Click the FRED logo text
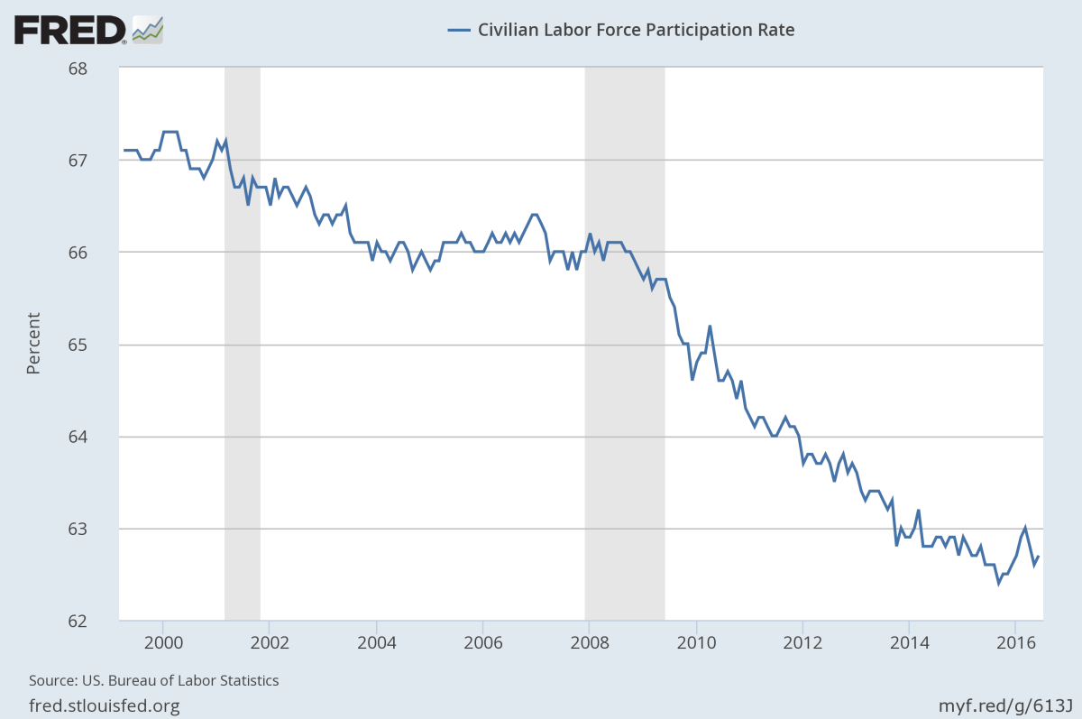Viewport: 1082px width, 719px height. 69,30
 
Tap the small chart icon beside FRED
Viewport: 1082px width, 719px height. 148,30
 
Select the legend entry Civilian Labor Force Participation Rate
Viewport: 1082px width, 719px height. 621,30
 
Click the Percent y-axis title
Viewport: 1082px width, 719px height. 33,344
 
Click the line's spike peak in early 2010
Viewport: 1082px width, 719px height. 710,326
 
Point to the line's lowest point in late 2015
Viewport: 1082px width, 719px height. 998,583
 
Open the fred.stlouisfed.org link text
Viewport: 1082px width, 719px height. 105,705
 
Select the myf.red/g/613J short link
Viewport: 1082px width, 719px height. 1006,705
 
